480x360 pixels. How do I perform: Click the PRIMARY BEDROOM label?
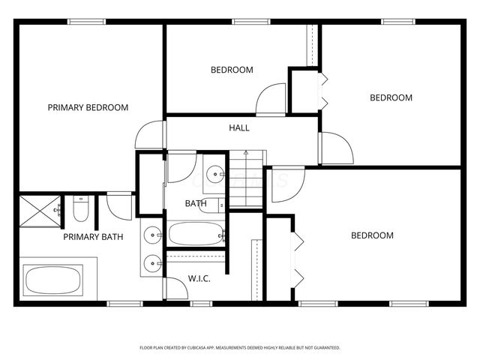pos(88,107)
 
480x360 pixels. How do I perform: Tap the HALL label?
pos(239,127)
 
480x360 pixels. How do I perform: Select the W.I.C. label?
pos(199,278)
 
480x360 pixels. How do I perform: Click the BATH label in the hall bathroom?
pos(196,203)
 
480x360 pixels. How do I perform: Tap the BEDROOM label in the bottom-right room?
pos(372,235)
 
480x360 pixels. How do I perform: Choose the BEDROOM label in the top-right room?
pos(391,97)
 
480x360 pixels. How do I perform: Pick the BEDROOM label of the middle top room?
pos(232,70)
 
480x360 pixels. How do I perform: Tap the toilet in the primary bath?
pos(81,210)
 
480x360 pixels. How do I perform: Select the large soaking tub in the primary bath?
pos(53,281)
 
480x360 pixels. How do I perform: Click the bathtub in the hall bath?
pos(194,234)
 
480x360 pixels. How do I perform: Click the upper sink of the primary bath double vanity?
pos(152,235)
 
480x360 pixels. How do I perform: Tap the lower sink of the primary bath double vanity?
pos(152,262)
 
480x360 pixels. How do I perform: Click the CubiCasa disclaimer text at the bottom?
pos(240,347)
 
